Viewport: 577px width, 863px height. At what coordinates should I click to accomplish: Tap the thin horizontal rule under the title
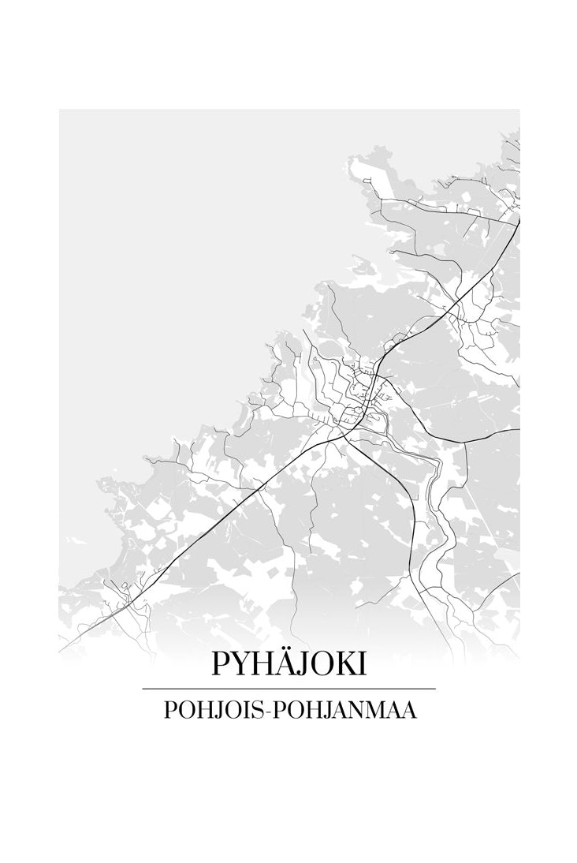click(x=288, y=689)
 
